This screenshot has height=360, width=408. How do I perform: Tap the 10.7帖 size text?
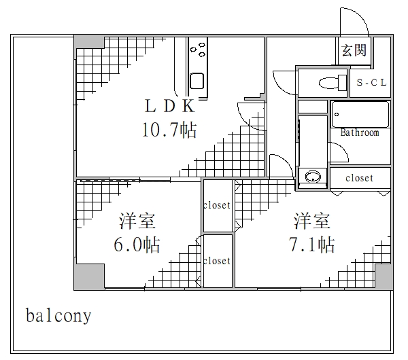[x=169, y=129]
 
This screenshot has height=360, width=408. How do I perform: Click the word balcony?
[x=58, y=317]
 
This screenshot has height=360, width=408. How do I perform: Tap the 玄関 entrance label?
[x=354, y=50]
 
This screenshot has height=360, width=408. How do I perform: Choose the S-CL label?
[x=372, y=83]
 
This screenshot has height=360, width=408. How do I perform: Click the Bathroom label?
[x=360, y=132]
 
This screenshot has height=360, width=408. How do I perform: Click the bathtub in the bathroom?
[x=360, y=114]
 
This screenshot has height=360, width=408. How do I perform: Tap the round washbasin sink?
[x=313, y=177]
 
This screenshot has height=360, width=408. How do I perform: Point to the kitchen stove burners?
[x=200, y=49]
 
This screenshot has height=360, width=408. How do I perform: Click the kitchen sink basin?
[x=197, y=80]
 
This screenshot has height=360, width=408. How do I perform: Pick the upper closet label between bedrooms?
[x=217, y=205]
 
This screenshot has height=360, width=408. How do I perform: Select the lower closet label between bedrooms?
[x=217, y=261]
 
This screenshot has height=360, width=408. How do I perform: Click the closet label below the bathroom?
[x=360, y=178]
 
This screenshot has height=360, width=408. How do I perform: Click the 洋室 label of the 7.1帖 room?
[x=312, y=221]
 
